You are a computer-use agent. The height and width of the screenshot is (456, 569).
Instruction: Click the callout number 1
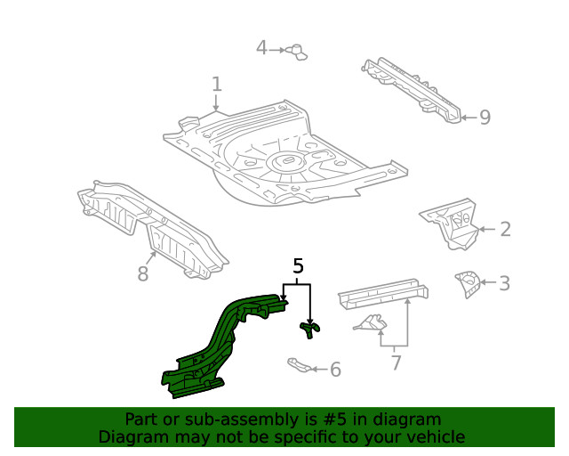click(216, 85)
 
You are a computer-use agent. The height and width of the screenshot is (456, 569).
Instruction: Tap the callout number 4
click(261, 47)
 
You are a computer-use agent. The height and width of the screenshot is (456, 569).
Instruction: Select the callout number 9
click(485, 117)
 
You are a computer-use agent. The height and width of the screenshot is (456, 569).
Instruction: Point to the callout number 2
click(505, 230)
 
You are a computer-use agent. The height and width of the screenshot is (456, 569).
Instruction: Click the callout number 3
click(504, 284)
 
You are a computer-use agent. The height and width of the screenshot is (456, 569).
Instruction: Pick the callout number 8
click(143, 273)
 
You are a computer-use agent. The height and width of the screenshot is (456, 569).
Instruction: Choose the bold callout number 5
click(298, 265)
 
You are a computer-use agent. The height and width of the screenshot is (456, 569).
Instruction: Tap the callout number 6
click(334, 369)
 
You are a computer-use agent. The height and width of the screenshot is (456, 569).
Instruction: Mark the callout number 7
click(397, 362)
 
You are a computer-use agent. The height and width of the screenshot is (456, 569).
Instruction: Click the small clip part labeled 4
click(297, 51)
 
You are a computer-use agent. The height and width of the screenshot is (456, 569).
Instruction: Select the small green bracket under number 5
click(309, 330)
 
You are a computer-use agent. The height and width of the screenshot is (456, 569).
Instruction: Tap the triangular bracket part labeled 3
click(466, 283)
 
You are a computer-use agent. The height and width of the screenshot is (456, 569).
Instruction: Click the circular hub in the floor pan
click(286, 161)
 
